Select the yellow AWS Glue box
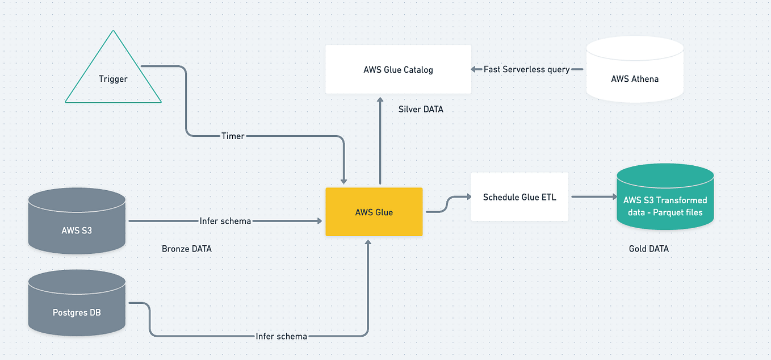click(x=374, y=212)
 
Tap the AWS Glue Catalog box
click(x=398, y=69)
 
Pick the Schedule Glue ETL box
click(x=519, y=197)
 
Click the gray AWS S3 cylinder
click(x=77, y=221)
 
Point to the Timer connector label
click(x=232, y=136)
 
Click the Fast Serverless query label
click(x=526, y=69)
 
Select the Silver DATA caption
click(x=421, y=109)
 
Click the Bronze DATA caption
click(x=186, y=249)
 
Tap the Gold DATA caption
click(x=648, y=249)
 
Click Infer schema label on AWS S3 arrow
click(x=225, y=221)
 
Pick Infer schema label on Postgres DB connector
click(x=281, y=336)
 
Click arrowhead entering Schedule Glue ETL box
click(x=468, y=196)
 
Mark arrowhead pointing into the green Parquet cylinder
click(x=613, y=196)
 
